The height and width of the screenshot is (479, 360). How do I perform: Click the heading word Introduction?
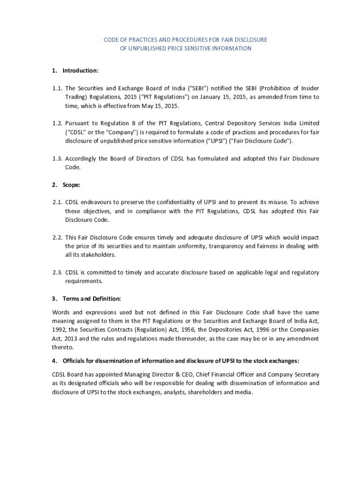[x=80, y=71]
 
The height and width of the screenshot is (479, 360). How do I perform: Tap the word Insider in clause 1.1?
[x=310, y=88]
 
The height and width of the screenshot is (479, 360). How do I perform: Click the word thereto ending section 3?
[x=62, y=347]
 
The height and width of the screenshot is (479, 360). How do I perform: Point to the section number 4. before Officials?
[x=54, y=361]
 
